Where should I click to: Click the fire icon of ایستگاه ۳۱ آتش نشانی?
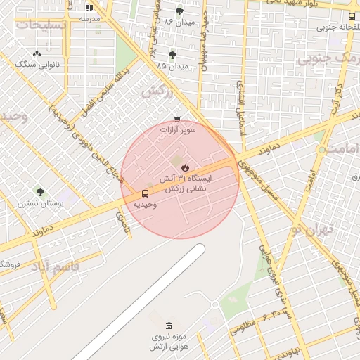point(185,167)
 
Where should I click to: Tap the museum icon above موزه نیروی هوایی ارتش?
point(168,326)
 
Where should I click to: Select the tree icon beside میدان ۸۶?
point(179,11)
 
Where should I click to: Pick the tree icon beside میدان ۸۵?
point(172,55)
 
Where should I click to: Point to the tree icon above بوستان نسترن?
point(40,191)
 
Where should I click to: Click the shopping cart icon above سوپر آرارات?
point(177,119)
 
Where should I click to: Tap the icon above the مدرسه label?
point(89,8)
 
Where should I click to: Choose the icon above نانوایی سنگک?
point(37,53)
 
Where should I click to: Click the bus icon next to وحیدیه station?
point(145,193)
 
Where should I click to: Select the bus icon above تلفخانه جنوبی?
point(352,16)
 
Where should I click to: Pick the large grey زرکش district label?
point(157,91)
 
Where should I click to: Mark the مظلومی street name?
point(243,326)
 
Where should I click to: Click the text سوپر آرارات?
point(178,129)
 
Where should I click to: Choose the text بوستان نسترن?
point(41,203)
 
